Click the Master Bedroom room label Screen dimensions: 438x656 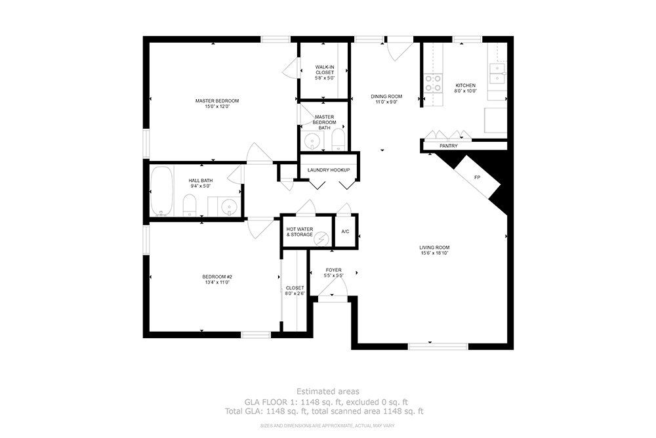tap(216, 100)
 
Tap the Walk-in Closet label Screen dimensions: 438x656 tap(325, 67)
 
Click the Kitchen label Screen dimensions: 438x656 tap(466, 85)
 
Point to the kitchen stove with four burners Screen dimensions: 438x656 tap(433, 83)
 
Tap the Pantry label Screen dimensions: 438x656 tap(449, 146)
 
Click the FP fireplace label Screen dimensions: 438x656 tap(477, 177)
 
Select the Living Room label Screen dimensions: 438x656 tap(434, 248)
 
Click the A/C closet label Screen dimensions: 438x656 tap(345, 231)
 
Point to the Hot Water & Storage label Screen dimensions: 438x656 tap(299, 232)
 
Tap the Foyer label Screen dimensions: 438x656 tap(334, 270)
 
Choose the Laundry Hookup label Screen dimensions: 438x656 tap(329, 171)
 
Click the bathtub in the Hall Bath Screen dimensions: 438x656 tap(161, 190)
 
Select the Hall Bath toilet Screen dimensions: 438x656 tap(189, 204)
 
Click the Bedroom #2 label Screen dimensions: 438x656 tap(216, 276)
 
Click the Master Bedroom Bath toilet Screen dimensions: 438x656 tap(338, 139)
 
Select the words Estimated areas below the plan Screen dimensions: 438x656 tap(327, 391)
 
